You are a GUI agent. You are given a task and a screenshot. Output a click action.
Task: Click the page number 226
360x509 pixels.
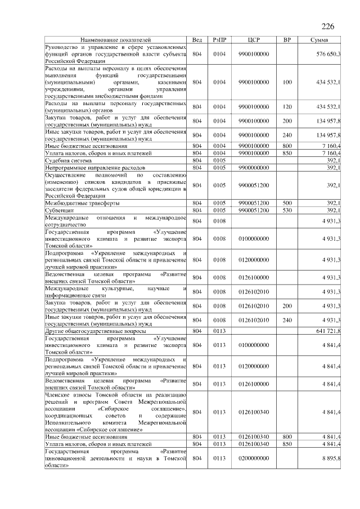pyautogui.click(x=328, y=26)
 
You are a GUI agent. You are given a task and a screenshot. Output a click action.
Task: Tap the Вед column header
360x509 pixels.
pyautogui.click(x=197, y=40)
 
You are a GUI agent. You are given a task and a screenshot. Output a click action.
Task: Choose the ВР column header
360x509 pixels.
pyautogui.click(x=287, y=40)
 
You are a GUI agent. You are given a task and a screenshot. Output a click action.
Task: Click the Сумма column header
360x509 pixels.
pyautogui.click(x=323, y=40)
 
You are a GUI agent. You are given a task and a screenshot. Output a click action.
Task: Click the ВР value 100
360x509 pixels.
pyautogui.click(x=287, y=82)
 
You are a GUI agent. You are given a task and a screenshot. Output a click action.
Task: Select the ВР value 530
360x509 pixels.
pyautogui.click(x=287, y=210)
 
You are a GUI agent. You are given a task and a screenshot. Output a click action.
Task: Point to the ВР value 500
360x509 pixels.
pyautogui.click(x=287, y=202)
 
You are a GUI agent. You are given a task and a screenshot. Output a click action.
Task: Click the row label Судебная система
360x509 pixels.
pyautogui.click(x=69, y=160)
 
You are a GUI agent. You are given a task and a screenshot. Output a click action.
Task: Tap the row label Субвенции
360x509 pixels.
pyautogui.click(x=60, y=210)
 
